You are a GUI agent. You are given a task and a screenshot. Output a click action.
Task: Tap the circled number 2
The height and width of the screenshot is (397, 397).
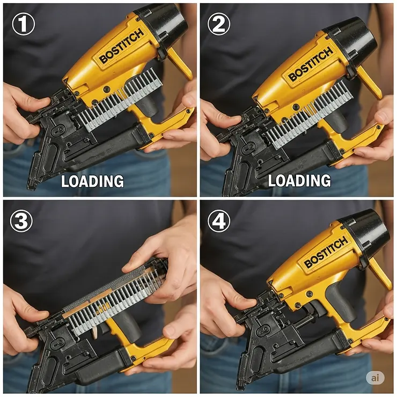point(219,24)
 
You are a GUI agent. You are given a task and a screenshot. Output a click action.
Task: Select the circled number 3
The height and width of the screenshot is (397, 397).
point(22,221)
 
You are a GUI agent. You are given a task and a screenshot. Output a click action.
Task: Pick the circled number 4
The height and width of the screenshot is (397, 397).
point(219,221)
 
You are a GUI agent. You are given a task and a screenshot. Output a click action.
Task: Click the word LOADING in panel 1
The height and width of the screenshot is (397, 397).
point(92,181)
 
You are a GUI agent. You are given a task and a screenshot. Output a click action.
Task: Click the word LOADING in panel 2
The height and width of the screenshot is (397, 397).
point(299,181)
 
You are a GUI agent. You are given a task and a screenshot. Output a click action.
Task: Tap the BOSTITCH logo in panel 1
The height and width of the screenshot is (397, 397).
point(122,47)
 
